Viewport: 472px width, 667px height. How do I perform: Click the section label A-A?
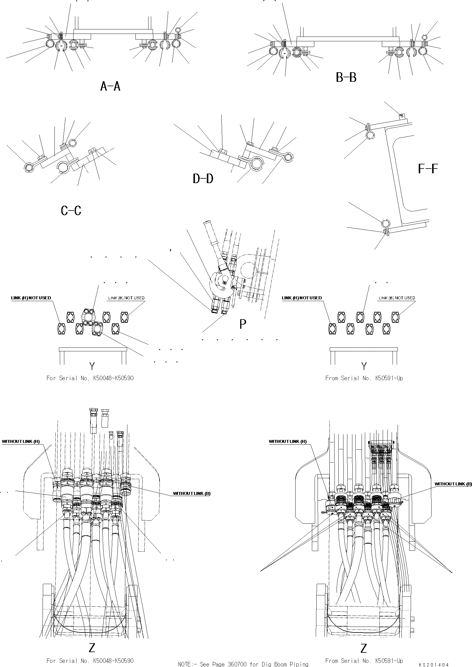tap(110, 86)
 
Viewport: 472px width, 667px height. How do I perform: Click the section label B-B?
tap(346, 78)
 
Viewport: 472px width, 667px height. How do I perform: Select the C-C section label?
tap(71, 211)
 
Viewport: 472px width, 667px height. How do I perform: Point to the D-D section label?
tap(203, 179)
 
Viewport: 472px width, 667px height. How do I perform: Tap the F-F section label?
tap(428, 169)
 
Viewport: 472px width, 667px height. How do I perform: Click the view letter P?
tap(243, 324)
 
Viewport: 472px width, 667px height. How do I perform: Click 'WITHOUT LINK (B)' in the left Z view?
tap(192, 493)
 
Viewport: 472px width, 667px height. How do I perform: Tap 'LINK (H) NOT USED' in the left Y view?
tap(31, 298)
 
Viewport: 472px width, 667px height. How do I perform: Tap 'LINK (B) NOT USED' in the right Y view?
tap(397, 298)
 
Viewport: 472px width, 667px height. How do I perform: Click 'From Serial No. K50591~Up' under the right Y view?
tap(364, 378)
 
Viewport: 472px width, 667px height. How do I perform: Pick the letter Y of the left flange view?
tap(92, 366)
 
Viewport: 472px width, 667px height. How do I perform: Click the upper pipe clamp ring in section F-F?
tap(370, 135)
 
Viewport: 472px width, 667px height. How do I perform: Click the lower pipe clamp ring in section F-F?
tap(385, 223)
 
